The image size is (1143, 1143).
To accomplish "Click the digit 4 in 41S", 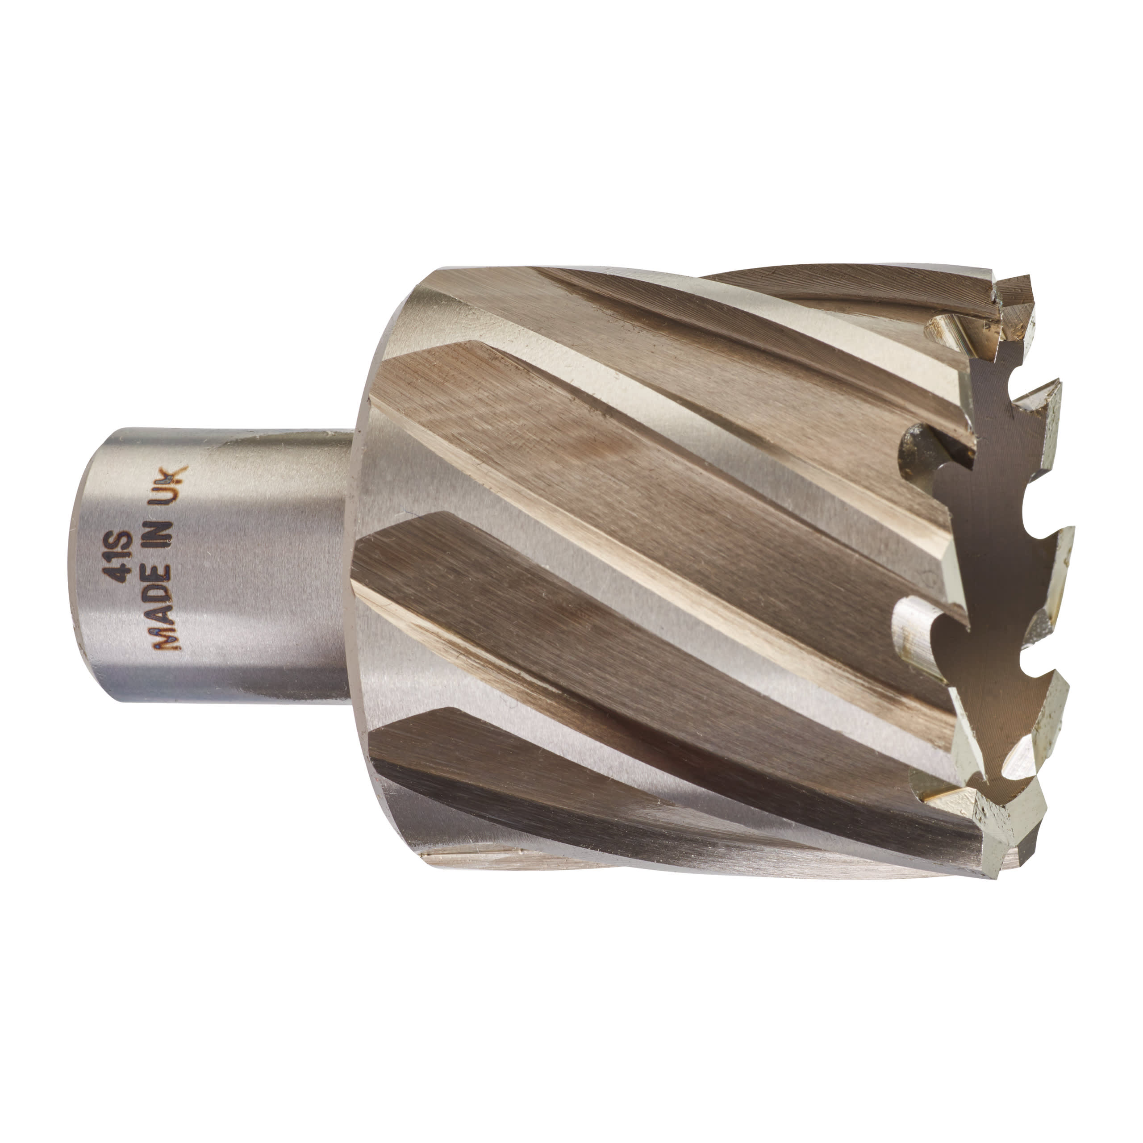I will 122,575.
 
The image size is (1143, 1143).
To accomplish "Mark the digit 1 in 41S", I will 122,559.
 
